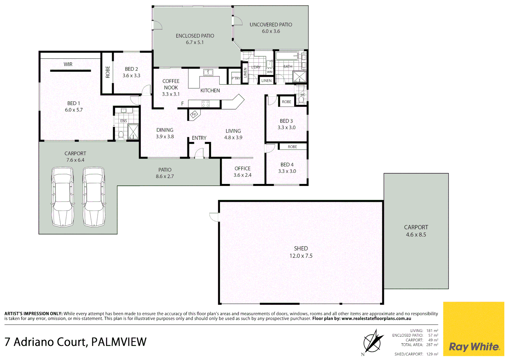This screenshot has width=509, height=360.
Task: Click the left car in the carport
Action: [x=63, y=197]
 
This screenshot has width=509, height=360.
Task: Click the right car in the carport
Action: [x=94, y=197]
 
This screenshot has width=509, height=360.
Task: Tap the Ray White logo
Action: [x=474, y=347]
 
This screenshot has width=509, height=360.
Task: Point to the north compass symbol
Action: [x=372, y=342]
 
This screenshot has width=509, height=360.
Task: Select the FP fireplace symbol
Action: [x=194, y=115]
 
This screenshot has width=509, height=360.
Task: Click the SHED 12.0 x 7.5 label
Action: [x=301, y=252]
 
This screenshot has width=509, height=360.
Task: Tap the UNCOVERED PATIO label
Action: [x=270, y=25]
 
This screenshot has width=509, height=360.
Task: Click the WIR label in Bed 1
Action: [x=68, y=64]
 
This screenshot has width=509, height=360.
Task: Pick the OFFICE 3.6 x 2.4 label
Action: [x=243, y=172]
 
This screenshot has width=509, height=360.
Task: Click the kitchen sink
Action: [x=208, y=72]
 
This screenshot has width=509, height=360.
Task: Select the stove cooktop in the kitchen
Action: [x=206, y=104]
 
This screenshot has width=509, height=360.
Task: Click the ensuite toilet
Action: [x=121, y=135]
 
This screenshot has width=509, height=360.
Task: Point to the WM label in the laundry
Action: [x=269, y=72]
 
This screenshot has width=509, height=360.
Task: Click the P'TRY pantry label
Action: [x=236, y=78]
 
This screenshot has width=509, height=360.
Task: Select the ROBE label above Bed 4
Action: [x=292, y=147]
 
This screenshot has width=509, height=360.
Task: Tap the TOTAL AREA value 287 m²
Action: [x=432, y=345]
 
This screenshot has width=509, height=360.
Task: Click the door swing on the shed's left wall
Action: [x=214, y=217]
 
